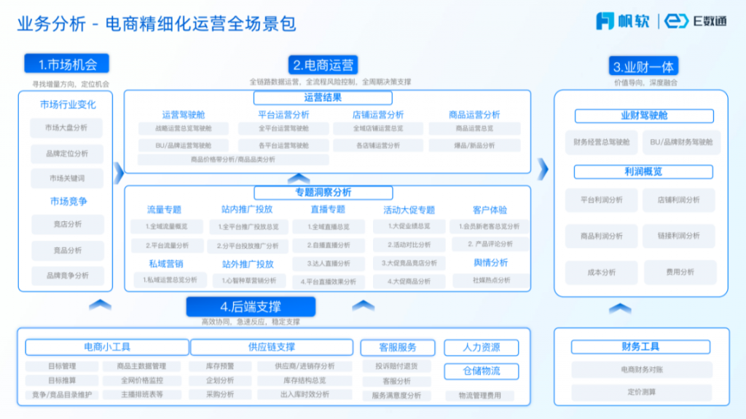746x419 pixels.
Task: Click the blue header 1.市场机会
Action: click(x=66, y=63)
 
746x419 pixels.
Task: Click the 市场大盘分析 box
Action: click(x=66, y=128)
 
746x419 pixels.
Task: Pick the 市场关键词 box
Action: click(x=66, y=178)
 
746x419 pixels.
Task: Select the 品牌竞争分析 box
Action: click(x=67, y=276)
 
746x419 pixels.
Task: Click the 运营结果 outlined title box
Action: click(x=323, y=97)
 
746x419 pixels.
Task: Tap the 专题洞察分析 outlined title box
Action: click(x=323, y=192)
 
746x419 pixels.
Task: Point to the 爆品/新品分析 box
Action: click(x=474, y=145)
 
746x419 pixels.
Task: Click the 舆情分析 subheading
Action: click(x=490, y=263)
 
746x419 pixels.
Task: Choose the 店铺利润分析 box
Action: click(x=678, y=199)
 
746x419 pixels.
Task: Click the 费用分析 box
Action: click(x=678, y=272)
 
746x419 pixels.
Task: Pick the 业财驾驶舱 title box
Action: click(x=644, y=116)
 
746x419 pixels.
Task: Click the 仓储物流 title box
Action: click(x=481, y=371)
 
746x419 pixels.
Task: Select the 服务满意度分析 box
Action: click(x=396, y=395)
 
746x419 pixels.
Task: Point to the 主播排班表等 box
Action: click(x=142, y=395)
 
